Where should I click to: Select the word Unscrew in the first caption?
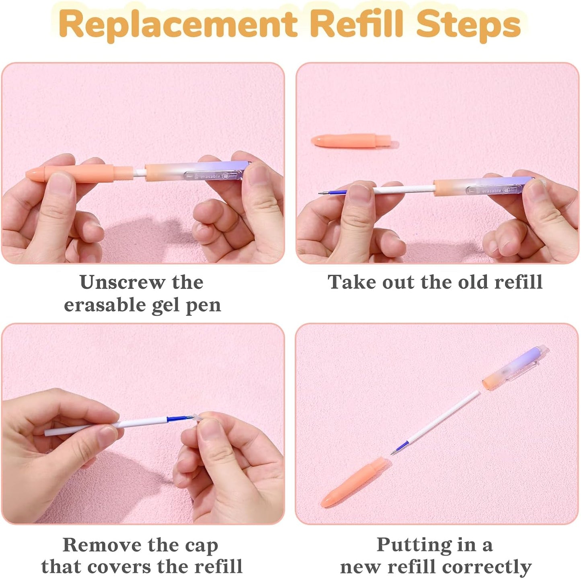pyautogui.click(x=122, y=282)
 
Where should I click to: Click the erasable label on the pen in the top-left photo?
pyautogui.click(x=210, y=177)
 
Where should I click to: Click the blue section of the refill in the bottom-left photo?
pyautogui.click(x=175, y=418)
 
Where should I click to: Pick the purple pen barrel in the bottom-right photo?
pyautogui.click(x=515, y=367)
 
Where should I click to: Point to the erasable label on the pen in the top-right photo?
pyautogui.click(x=491, y=191)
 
